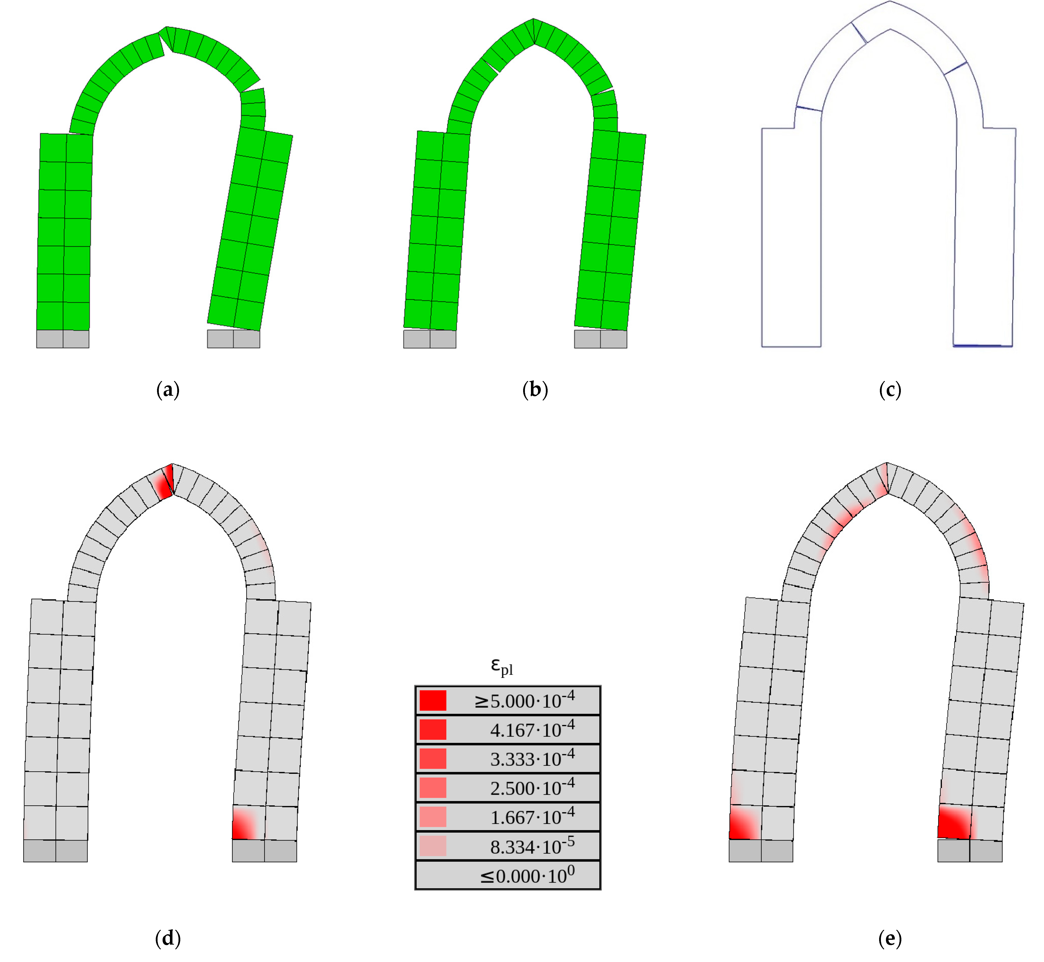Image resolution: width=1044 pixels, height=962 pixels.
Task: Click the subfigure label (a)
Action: click(168, 390)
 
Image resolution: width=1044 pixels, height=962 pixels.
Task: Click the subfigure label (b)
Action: click(535, 390)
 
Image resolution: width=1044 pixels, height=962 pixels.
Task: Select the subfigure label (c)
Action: click(890, 390)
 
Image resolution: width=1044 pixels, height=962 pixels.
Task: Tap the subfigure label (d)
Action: click(168, 939)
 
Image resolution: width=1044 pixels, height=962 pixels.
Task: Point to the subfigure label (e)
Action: click(890, 939)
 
